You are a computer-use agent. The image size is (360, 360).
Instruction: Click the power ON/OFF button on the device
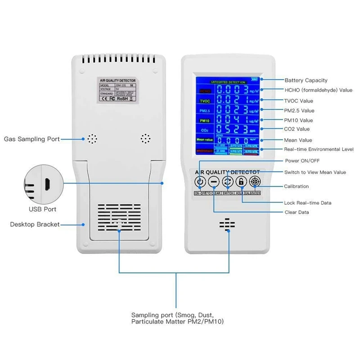[200, 182]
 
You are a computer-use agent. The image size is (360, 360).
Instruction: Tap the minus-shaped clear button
[214, 182]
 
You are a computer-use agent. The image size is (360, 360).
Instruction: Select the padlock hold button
[242, 182]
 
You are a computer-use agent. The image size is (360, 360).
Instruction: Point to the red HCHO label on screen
[205, 90]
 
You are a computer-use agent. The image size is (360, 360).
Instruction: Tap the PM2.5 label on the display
[205, 111]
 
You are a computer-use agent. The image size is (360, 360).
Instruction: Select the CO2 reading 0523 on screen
[232, 130]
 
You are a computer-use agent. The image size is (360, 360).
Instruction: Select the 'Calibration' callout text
[296, 186]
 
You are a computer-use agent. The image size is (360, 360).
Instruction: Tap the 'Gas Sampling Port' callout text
[31, 139]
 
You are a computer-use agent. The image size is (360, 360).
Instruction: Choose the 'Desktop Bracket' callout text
[35, 224]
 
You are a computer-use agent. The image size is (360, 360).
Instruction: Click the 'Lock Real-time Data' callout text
[308, 203]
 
